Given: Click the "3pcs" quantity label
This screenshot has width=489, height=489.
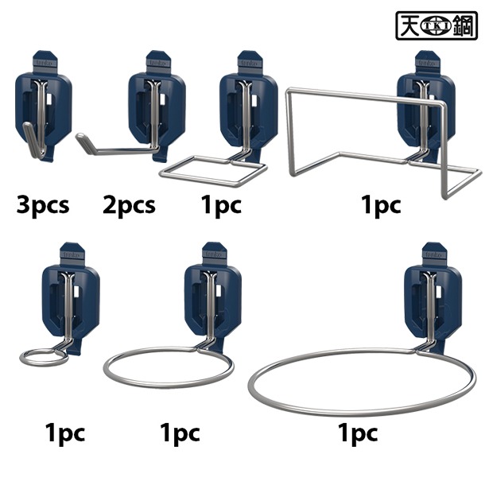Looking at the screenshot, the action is coord(43,206).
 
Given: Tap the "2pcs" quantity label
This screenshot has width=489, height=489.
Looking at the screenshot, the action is coord(129,206).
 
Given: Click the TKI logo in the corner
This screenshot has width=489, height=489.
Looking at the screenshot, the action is coord(437,25).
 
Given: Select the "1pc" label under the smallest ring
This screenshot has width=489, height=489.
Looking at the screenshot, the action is coord(65,433).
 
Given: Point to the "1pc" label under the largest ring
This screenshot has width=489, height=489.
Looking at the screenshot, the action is coord(358,433).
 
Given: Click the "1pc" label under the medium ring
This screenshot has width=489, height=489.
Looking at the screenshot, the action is coord(180,433).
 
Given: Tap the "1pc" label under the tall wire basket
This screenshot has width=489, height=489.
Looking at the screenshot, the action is coord(381,205).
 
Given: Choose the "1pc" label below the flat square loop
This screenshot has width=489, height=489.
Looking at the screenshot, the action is coord(221,205).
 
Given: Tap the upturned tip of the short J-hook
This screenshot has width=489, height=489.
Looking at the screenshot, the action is coord(26,126).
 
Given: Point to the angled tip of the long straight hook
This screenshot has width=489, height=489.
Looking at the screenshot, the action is coord(80,136).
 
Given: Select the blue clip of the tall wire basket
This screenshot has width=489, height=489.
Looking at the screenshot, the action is coord(425,105).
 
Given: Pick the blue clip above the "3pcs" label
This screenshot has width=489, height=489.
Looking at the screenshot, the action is coord(44,105).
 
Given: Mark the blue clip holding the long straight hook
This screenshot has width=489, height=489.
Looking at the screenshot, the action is coord(157,105).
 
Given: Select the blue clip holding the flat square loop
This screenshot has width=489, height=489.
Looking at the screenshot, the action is coord(249,105).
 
